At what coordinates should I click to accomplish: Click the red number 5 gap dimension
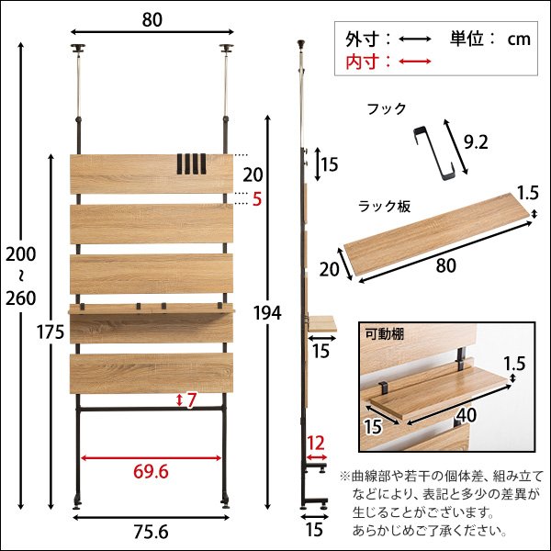click(x=258, y=198)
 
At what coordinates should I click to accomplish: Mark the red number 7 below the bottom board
click(x=192, y=400)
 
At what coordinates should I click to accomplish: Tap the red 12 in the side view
click(x=316, y=443)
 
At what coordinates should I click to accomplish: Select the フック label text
click(x=386, y=108)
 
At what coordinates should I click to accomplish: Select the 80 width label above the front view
click(x=152, y=17)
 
